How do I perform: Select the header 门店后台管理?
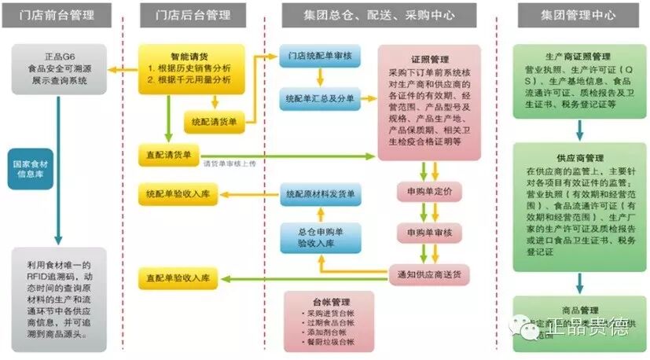[x=193, y=15]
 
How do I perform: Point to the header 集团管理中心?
[x=578, y=15]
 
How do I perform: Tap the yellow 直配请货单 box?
[x=168, y=154]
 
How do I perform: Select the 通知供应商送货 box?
[x=429, y=274]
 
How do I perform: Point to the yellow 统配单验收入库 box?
[x=178, y=193]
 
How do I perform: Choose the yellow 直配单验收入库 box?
[x=178, y=277]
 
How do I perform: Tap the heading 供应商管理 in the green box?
[x=578, y=157]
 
